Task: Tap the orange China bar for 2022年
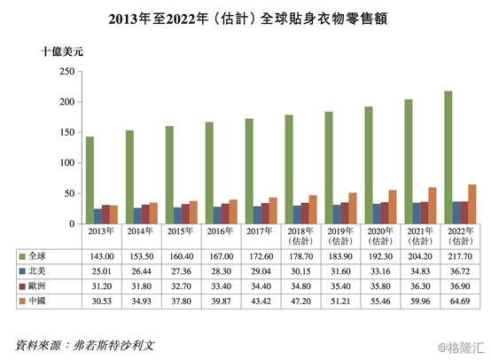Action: pos(472,205)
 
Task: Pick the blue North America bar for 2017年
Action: pos(256,215)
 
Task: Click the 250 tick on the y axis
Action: pos(64,72)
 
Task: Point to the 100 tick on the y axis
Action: pos(64,163)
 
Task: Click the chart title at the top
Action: pos(245,17)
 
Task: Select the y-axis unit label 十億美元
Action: pos(61,51)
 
